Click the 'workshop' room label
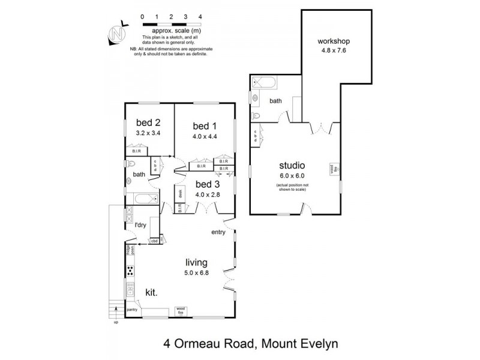(334, 41)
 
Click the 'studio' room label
(293, 166)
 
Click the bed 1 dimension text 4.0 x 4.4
(204, 136)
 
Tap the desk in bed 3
(180, 193)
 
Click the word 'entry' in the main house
(218, 232)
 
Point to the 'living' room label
(196, 262)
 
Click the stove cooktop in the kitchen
(130, 270)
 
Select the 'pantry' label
(132, 310)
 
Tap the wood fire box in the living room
(181, 310)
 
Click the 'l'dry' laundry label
(140, 225)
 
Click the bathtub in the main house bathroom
(144, 199)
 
